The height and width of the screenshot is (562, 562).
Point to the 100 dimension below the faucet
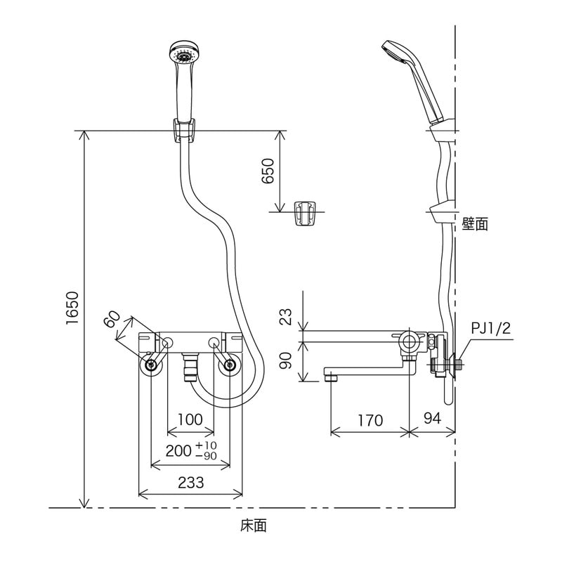point(190,419)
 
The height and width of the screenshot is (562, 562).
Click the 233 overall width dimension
point(190,483)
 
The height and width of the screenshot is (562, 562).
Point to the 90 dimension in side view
point(285,362)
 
